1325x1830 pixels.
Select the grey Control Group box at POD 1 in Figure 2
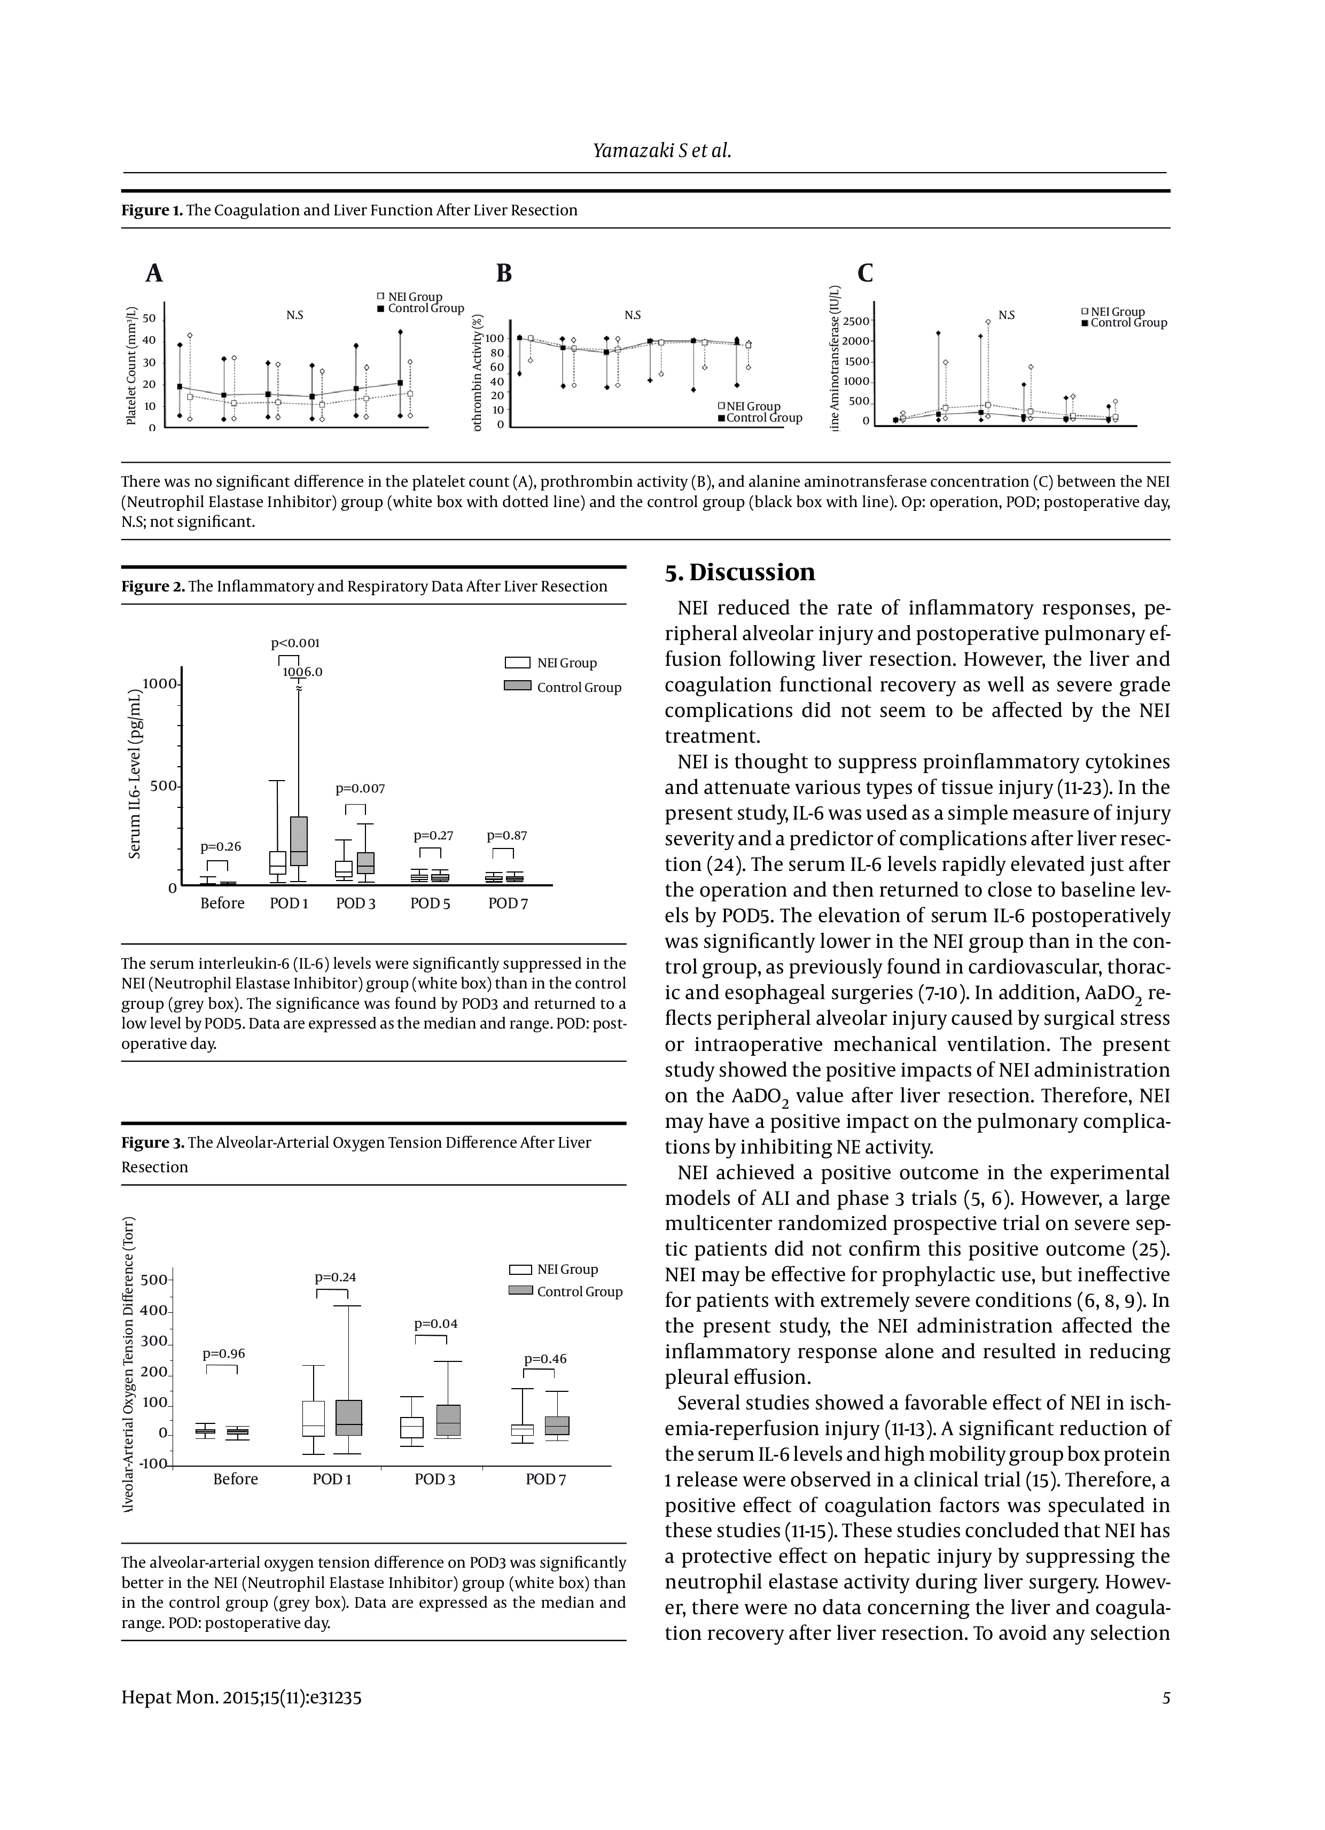[x=299, y=841]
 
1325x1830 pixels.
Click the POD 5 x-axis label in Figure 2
[x=430, y=904]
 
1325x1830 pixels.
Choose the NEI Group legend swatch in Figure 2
[x=517, y=663]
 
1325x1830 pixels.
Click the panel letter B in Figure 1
[x=503, y=274]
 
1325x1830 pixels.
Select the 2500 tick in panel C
[x=855, y=321]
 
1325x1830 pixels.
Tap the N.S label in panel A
[x=294, y=315]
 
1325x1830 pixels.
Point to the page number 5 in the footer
[x=1165, y=1697]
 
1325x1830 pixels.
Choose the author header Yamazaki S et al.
[x=661, y=150]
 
